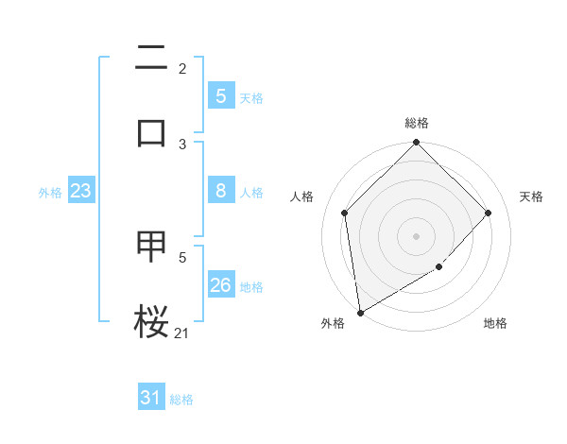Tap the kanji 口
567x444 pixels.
152,132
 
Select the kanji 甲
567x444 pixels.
152,247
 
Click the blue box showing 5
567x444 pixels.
220,96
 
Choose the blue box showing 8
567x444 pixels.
220,191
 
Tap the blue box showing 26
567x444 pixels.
220,285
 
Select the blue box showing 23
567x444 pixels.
80,191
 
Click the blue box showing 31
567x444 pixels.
150,398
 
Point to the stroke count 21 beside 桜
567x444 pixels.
182,332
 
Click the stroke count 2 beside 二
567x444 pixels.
182,68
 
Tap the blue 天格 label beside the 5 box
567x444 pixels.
251,97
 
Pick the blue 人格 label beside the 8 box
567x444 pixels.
251,192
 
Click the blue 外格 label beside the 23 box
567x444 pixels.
50,192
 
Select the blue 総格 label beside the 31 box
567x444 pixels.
181,399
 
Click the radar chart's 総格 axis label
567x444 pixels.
417,123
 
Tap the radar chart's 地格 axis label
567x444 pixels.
495,323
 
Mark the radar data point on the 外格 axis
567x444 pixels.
360,313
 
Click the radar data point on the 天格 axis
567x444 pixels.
489,213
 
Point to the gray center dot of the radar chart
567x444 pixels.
417,236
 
